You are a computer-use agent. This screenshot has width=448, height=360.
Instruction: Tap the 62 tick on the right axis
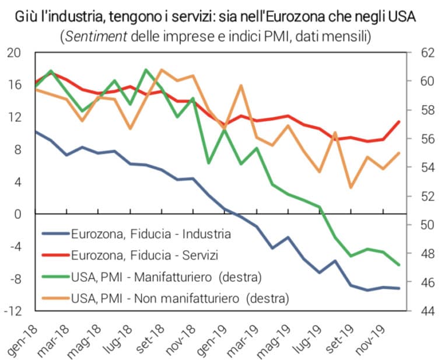pos(428,53)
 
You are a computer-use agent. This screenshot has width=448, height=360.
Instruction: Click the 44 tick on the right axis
pos(428,311)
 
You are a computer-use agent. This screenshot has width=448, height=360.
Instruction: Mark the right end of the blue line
pos(400,288)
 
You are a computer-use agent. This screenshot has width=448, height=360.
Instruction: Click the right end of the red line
pos(400,121)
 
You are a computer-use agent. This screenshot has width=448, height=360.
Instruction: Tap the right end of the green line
pos(400,265)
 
